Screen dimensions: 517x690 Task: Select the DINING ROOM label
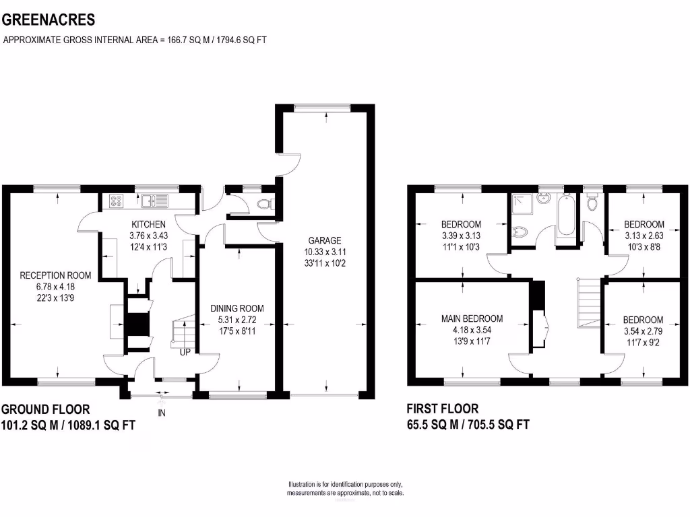237,308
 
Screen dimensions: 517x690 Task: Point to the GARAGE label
325,240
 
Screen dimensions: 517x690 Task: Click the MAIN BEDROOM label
472,318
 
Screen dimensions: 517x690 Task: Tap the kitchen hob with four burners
115,199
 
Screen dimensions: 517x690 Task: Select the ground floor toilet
265,203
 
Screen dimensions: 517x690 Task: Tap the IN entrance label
162,413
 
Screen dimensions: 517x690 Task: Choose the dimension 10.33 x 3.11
325,252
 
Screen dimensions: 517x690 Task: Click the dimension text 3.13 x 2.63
644,236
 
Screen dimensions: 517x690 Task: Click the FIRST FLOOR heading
443,409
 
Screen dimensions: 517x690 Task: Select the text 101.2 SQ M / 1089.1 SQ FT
64,425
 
